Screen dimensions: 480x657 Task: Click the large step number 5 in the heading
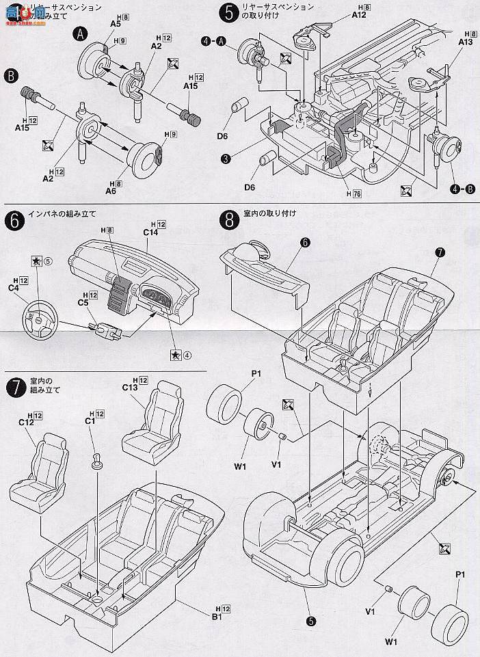pyautogui.click(x=230, y=12)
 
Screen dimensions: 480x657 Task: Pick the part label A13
pyautogui.click(x=466, y=42)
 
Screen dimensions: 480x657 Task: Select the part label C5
pyautogui.click(x=83, y=302)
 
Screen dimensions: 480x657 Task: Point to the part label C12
pyautogui.click(x=27, y=423)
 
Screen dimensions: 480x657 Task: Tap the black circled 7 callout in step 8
pyautogui.click(x=440, y=252)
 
